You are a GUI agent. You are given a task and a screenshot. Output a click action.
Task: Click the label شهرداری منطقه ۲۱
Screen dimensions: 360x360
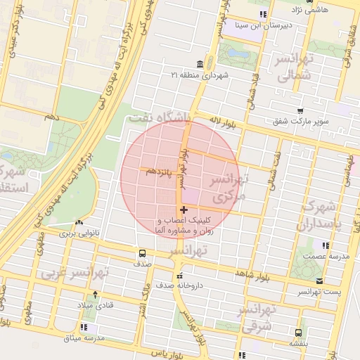coord(207,75)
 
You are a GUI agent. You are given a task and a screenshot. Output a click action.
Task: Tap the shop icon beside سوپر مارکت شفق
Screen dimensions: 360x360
coord(301,111)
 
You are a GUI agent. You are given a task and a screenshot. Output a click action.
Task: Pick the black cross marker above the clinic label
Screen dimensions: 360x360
coord(184,210)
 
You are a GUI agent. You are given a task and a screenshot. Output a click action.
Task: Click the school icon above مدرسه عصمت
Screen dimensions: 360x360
coord(325,245)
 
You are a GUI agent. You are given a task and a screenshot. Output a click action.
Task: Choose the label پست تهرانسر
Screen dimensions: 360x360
coord(319,291)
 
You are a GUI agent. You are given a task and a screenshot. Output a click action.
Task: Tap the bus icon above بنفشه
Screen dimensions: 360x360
coord(300,332)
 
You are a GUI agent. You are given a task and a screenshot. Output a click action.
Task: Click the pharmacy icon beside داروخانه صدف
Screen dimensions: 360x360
coord(180,275)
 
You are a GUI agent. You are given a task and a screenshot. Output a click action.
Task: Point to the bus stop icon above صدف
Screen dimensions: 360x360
coord(143,253)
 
